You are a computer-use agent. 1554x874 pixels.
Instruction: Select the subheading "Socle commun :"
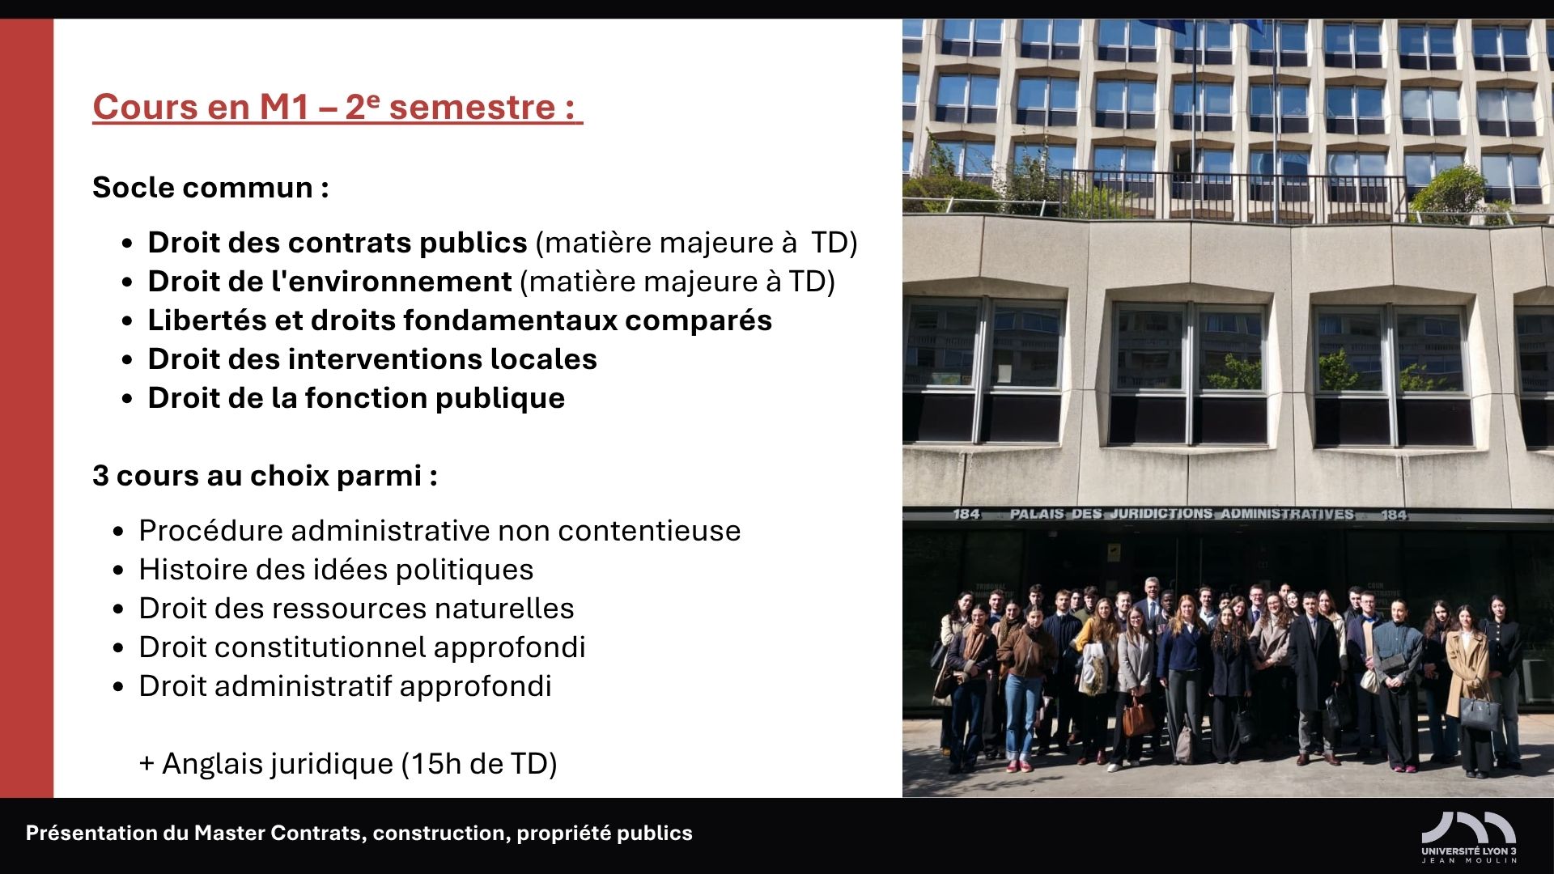pyautogui.click(x=210, y=188)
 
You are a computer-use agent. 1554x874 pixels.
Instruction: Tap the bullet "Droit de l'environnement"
pyautogui.click(x=329, y=282)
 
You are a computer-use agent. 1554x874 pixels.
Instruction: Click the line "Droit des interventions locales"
pyautogui.click(x=372, y=359)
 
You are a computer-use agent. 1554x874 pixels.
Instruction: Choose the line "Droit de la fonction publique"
pyautogui.click(x=356, y=398)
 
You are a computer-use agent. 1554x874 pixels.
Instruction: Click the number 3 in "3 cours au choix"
pyautogui.click(x=100, y=476)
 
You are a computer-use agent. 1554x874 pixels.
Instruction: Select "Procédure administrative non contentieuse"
pyautogui.click(x=439, y=531)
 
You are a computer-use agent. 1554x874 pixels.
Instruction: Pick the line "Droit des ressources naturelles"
pyautogui.click(x=356, y=609)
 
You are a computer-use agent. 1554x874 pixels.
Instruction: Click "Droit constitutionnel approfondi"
pyautogui.click(x=362, y=647)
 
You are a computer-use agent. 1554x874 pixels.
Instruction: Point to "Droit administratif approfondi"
pyautogui.click(x=345, y=686)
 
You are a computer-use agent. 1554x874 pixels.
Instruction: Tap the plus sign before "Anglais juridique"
pyautogui.click(x=147, y=764)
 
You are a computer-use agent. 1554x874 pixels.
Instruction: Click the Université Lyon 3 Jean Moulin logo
pyautogui.click(x=1469, y=838)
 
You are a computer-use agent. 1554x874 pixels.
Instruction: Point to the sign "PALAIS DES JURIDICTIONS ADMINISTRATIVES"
pyautogui.click(x=1182, y=514)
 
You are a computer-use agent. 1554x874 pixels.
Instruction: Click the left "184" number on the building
pyautogui.click(x=966, y=515)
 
